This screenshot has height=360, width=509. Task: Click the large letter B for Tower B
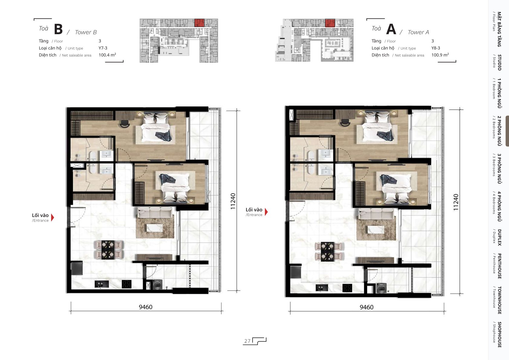click(58, 29)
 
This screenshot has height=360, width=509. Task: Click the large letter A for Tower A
click(391, 29)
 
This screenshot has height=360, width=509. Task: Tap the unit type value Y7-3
click(103, 48)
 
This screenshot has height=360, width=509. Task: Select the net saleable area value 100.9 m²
click(440, 55)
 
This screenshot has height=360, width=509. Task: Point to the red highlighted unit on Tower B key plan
click(199, 23)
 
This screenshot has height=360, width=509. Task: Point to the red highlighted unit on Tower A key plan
click(330, 23)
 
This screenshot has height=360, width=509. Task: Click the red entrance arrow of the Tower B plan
click(53, 218)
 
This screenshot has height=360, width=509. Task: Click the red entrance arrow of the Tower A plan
click(266, 212)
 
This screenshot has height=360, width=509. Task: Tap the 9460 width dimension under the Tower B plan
click(146, 307)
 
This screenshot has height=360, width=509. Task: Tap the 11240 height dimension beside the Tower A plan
click(456, 202)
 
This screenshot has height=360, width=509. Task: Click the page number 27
click(247, 341)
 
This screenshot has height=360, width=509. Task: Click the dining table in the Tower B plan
click(108, 250)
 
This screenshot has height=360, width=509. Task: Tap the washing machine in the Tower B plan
click(158, 285)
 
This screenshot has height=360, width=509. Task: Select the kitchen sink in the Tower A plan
click(322, 288)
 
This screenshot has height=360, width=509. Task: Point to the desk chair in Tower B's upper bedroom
click(125, 124)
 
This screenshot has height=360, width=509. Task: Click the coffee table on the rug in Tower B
click(155, 228)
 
